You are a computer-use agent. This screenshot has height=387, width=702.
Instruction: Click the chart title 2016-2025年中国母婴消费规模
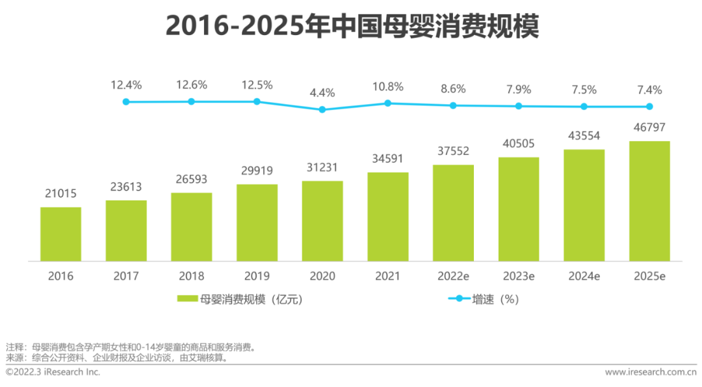352,27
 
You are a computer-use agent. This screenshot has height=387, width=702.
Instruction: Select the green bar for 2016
60,234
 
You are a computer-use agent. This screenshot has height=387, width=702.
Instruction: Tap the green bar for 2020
322,221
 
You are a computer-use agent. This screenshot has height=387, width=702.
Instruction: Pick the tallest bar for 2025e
649,201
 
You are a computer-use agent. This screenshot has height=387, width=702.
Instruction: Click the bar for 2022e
453,213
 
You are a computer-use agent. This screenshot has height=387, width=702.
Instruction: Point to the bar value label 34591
388,159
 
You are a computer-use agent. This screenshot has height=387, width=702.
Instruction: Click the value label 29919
257,171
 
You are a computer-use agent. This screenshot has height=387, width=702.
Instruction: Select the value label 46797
649,127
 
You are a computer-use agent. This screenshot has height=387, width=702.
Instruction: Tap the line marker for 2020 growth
322,109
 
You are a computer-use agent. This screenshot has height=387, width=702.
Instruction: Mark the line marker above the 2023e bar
519,106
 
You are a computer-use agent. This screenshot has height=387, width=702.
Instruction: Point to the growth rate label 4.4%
322,93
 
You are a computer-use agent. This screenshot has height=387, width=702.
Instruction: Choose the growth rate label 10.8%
388,87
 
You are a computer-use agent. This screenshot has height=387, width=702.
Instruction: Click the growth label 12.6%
191,85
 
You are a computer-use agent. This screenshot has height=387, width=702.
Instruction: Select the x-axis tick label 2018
191,276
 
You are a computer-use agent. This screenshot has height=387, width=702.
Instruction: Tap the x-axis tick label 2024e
584,276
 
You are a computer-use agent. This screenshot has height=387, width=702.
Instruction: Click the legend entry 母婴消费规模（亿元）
240,299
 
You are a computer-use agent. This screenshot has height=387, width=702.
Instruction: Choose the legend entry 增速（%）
484,299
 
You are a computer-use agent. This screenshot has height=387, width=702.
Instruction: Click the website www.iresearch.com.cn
650,372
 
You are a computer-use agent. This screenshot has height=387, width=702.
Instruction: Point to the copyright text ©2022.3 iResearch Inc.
53,372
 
